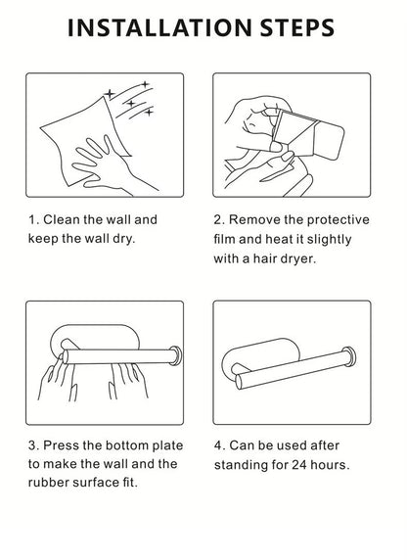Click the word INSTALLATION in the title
click(x=159, y=27)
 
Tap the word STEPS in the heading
click(x=297, y=27)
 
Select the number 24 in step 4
click(x=299, y=465)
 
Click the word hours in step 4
click(x=330, y=465)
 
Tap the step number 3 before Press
click(x=33, y=445)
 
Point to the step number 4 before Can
click(x=218, y=445)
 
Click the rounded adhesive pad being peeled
click(x=329, y=140)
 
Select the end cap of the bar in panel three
click(x=175, y=355)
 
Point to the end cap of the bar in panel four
click(x=349, y=356)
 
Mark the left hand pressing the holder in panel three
click(x=57, y=379)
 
